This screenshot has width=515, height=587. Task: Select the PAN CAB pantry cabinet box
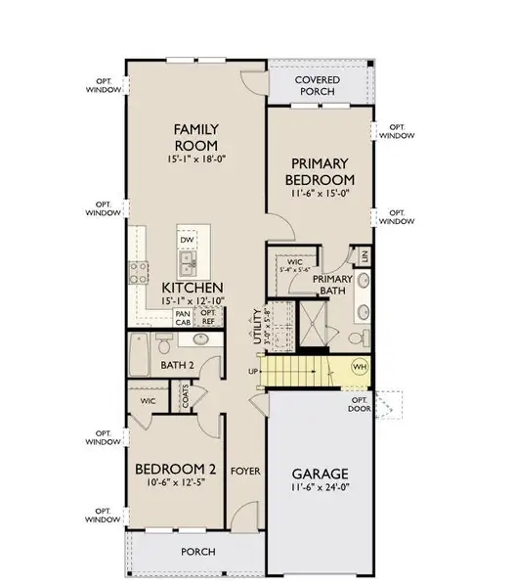tap(183, 317)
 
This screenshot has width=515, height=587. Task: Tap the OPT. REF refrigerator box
tap(207, 317)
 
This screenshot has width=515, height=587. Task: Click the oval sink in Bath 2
tap(201, 339)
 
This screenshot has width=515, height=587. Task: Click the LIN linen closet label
tap(365, 255)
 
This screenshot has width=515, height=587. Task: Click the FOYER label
tap(242, 470)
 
